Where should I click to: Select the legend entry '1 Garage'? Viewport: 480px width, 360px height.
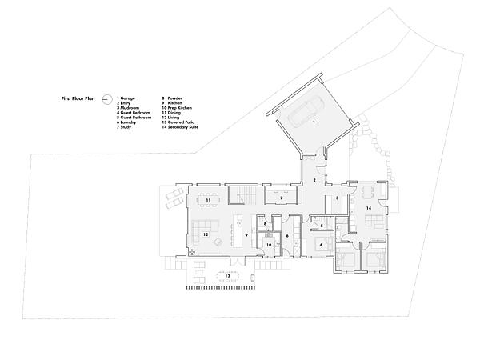(x=126, y=96)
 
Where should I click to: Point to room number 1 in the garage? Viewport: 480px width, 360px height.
(x=314, y=122)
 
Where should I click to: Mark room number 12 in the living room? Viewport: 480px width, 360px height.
(x=206, y=234)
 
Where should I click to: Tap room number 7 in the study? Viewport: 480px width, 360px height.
(x=282, y=197)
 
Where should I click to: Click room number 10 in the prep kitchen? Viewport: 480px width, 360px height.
(x=270, y=244)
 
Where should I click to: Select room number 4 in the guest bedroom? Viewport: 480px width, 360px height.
(x=320, y=244)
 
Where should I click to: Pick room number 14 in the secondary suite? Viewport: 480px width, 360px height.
(x=370, y=207)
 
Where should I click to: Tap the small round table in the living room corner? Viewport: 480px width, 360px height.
(x=192, y=248)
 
